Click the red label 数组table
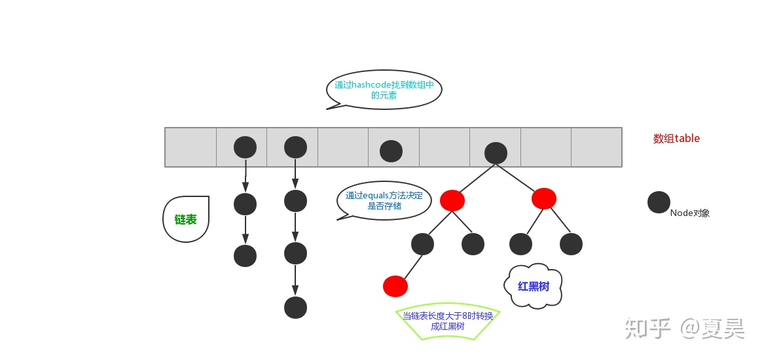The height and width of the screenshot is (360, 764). tap(676, 138)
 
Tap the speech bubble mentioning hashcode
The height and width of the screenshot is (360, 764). tap(384, 90)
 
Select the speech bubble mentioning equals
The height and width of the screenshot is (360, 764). tap(384, 200)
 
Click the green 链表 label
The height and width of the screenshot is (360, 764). tap(186, 219)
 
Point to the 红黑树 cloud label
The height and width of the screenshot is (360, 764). tap(534, 286)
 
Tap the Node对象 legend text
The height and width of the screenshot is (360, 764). tap(690, 213)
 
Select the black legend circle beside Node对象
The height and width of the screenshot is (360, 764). tap(659, 202)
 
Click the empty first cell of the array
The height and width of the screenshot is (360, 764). tap(191, 147)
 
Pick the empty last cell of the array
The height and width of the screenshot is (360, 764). tap(596, 147)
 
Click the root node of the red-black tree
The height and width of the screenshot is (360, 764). tap(496, 153)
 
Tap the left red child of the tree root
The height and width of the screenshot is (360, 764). tap(452, 200)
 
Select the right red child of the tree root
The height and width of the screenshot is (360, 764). tap(544, 198)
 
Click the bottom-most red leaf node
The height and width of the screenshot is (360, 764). tap(395, 286)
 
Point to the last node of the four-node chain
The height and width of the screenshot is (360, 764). tap(296, 307)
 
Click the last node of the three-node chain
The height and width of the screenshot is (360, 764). tap(246, 255)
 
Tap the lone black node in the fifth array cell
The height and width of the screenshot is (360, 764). tap(391, 151)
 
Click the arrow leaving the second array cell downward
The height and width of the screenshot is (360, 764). tap(246, 175)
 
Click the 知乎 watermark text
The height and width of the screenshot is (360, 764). tap(647, 327)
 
